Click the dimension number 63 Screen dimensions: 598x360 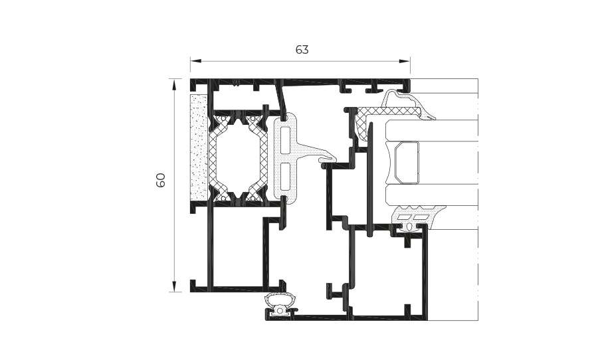coord(302,50)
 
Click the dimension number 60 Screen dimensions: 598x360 coord(161,180)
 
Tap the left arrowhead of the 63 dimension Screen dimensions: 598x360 coord(195,60)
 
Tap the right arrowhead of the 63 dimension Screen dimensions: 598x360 coord(405,60)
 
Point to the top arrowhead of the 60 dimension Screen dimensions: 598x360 coord(174,84)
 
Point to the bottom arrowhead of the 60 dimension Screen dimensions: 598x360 coord(174,286)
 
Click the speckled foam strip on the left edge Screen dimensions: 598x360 coord(199,147)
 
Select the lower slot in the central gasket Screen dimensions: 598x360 coord(285,177)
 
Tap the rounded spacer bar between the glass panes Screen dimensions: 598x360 coord(407,162)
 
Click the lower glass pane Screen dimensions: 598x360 coord(432,195)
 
